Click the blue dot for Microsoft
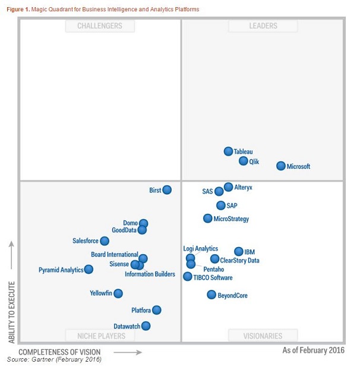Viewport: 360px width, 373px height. point(281,166)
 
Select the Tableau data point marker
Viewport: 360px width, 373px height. point(228,151)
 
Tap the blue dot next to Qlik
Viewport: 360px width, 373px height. point(244,161)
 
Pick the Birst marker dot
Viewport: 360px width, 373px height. point(167,190)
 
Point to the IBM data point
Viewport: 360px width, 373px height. point(239,252)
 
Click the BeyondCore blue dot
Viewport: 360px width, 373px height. point(211,295)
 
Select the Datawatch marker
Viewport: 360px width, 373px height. point(146,325)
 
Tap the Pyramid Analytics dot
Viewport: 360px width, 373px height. point(89,269)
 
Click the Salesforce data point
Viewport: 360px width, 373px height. point(105,241)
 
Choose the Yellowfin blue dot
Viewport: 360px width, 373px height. point(118,293)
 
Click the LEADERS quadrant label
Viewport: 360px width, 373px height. point(263,26)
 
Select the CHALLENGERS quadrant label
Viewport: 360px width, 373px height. point(100,26)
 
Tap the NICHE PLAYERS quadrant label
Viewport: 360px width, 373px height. point(100,336)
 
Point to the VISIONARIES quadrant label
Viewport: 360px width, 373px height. point(263,336)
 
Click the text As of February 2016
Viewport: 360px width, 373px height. point(313,351)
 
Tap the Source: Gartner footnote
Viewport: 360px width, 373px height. point(54,360)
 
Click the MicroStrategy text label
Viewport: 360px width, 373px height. point(231,219)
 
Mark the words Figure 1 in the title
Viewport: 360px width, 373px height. point(19,10)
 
